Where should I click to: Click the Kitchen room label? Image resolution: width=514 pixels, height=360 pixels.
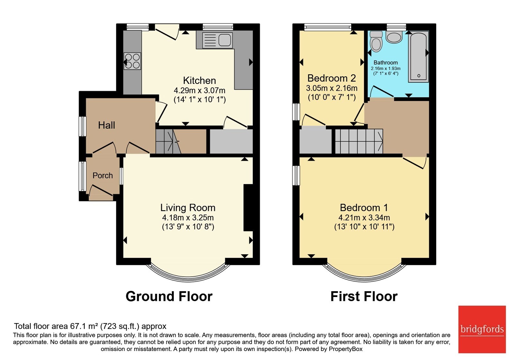tap(199, 81)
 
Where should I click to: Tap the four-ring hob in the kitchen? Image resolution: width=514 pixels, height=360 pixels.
tap(132, 61)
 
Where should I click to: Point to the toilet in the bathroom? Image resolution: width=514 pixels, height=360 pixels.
tap(376, 41)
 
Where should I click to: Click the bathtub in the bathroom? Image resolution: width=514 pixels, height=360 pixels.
tap(418, 57)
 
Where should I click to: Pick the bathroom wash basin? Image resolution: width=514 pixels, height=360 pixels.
tap(394, 37)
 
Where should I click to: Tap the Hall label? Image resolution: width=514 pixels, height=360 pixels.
tap(106, 125)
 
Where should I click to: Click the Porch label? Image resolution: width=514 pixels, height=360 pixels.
tap(102, 175)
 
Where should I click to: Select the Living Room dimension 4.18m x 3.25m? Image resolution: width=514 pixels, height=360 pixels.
tap(188, 217)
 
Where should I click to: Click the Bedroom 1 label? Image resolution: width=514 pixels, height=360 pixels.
tap(364, 208)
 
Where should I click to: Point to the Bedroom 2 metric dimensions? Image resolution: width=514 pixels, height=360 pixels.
tap(332, 88)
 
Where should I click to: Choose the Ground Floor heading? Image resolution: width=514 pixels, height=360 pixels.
tap(169, 296)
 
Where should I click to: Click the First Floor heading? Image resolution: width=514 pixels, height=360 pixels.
tap(364, 296)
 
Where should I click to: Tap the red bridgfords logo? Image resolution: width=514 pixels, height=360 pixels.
tap(482, 329)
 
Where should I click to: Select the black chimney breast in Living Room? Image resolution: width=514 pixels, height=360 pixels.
tap(248, 208)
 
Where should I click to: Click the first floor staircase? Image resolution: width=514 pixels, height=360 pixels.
tap(359, 141)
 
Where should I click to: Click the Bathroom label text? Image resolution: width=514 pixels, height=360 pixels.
tap(385, 62)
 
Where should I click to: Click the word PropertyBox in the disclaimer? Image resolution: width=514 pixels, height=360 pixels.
tap(345, 349)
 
